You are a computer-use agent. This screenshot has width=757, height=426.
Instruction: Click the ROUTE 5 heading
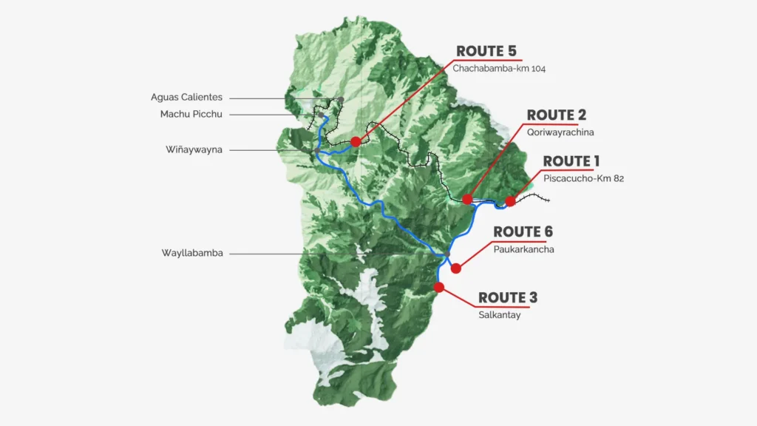(x=486, y=51)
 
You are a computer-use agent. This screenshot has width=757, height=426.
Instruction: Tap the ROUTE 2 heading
(x=557, y=115)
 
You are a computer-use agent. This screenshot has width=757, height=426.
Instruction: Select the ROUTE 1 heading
(x=571, y=161)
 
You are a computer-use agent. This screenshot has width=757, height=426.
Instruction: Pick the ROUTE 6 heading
(x=523, y=232)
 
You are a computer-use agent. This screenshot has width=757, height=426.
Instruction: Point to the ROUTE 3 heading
(x=508, y=298)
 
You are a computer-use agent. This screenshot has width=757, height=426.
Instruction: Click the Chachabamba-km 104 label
(x=499, y=68)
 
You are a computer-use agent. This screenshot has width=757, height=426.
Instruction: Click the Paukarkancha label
(x=523, y=249)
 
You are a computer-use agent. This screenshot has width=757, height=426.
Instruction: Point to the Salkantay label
(x=500, y=314)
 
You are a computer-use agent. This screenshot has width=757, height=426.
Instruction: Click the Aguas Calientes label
(x=186, y=97)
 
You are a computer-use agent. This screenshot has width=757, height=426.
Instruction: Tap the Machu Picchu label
(x=191, y=114)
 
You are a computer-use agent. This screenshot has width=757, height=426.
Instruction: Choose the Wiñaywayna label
(x=194, y=149)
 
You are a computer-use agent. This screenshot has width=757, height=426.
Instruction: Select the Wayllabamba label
(x=192, y=253)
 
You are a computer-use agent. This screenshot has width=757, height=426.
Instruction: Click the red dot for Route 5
(x=356, y=141)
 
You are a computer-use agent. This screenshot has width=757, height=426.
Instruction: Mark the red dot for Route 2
(x=467, y=199)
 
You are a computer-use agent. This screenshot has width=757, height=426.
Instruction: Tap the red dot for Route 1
(x=510, y=201)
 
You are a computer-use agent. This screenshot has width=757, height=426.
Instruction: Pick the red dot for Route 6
(x=456, y=268)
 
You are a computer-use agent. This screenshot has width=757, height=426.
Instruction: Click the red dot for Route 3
(x=439, y=287)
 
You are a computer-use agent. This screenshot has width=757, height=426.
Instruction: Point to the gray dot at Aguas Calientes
(x=341, y=100)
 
